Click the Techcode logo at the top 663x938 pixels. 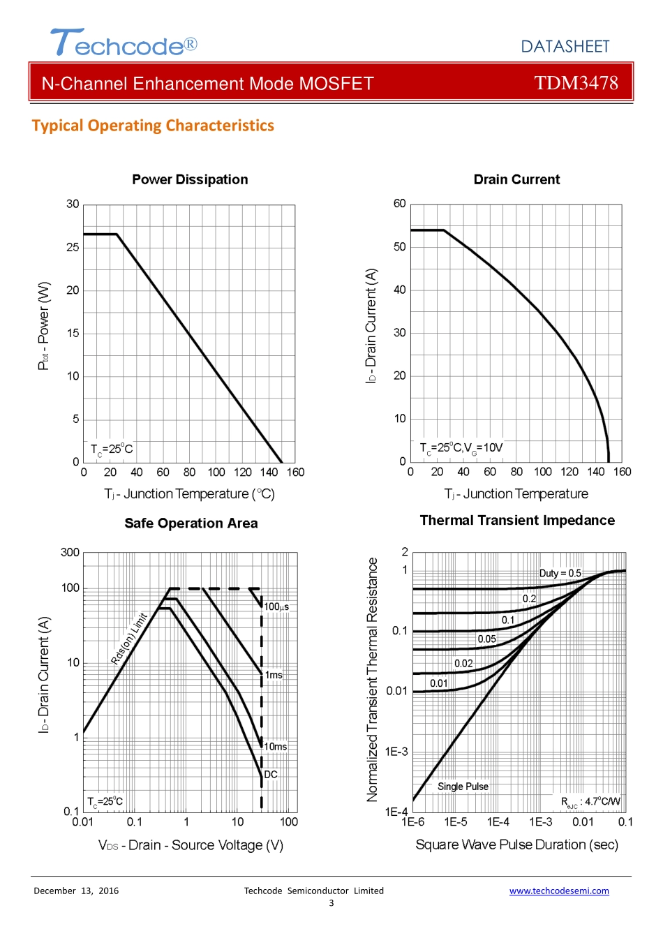124,43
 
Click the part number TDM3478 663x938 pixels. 576,83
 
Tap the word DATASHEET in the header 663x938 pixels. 565,47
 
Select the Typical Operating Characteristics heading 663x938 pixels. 153,126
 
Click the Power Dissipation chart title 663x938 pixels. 190,179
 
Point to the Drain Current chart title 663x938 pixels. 516,179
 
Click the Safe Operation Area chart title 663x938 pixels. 191,523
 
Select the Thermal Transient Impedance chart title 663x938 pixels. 517,521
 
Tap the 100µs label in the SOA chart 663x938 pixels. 276,607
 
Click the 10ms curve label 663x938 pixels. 276,747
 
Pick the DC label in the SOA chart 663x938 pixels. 271,775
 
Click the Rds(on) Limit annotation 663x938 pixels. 129,639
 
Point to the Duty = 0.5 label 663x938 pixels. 560,573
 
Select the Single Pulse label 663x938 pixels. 463,787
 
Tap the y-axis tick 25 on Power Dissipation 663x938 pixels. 73,247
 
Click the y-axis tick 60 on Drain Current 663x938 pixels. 399,204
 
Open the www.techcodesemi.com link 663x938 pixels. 559,891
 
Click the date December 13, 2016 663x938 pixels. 76,891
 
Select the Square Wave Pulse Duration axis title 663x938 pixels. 516,844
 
